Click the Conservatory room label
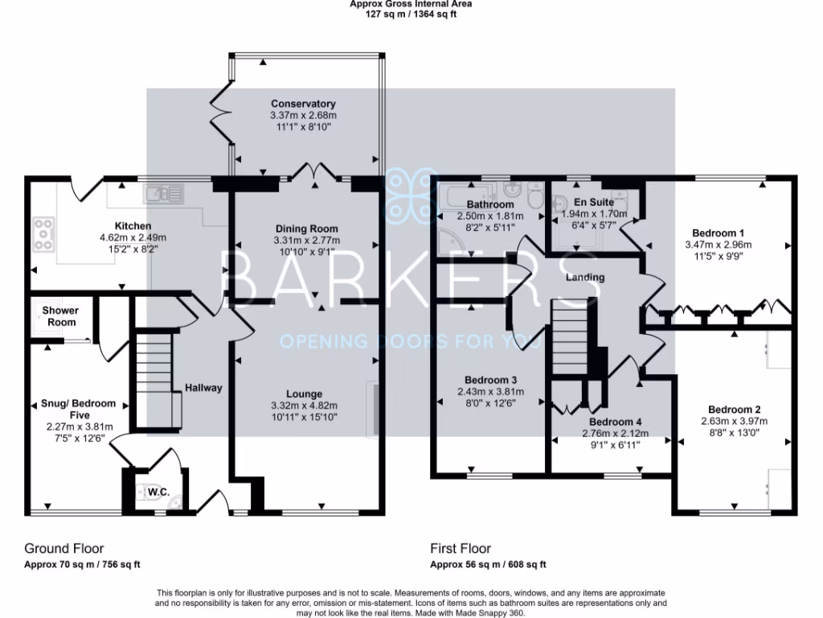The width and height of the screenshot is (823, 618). click(x=302, y=104)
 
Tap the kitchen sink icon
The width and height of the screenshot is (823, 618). click(x=164, y=193)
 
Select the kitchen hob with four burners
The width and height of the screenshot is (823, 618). click(x=43, y=233)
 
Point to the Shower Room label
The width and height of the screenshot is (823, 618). click(x=60, y=316)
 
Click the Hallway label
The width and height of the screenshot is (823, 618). click(x=203, y=388)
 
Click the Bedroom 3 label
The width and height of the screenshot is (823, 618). click(x=490, y=380)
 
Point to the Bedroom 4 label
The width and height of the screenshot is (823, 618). click(x=615, y=422)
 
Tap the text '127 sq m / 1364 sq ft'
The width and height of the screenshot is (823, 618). click(x=411, y=14)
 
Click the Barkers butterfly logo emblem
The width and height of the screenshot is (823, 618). click(x=411, y=194)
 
